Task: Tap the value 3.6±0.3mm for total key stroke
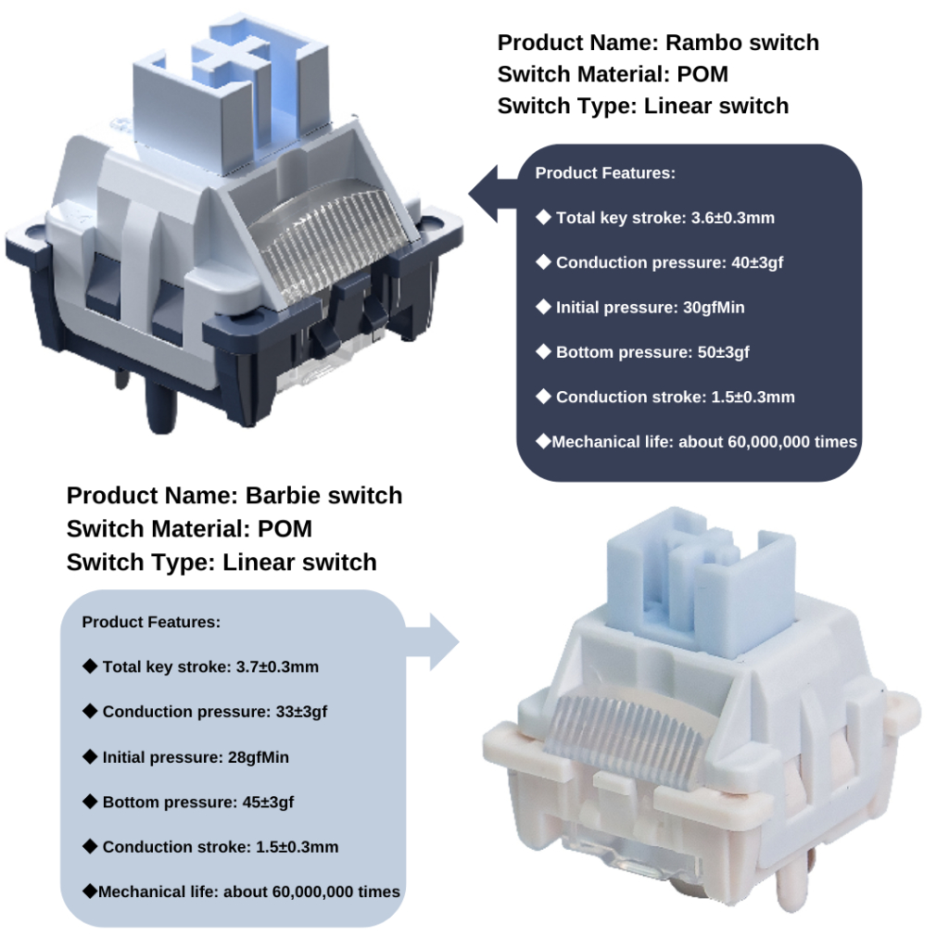733,219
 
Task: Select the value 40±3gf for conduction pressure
753,263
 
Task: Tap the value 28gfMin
259,757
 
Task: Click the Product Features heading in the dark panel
605,173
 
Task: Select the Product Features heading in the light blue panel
151,622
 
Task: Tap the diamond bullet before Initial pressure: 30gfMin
543,308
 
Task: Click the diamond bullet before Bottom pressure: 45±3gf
90,802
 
